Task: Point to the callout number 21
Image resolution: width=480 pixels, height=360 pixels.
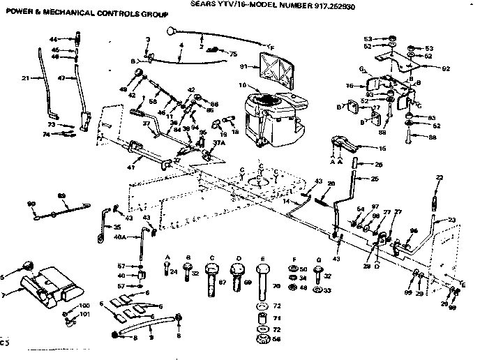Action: point(26,78)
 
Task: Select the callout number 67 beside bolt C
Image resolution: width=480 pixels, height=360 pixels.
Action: point(223,283)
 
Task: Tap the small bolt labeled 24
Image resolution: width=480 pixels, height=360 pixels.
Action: point(166,269)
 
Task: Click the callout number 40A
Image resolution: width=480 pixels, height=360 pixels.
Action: point(119,237)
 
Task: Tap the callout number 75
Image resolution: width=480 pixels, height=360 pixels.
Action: point(233,53)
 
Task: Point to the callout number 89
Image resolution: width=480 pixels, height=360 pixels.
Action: point(61,196)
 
